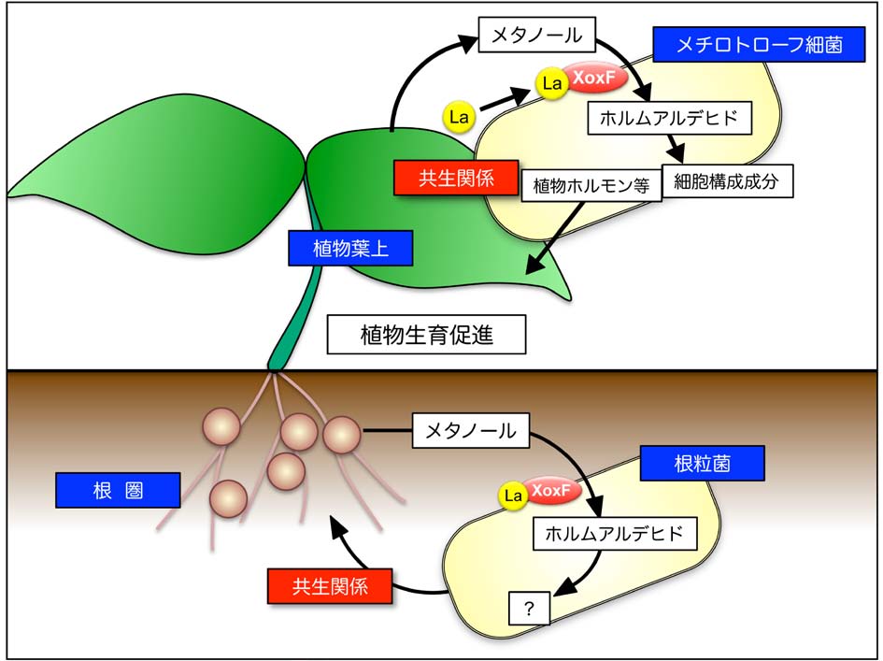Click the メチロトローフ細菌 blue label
(x=761, y=44)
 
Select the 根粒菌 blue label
(x=702, y=463)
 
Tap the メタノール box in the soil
(x=471, y=431)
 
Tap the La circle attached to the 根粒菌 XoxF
(x=512, y=496)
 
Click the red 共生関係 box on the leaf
(x=444, y=177)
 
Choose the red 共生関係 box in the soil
(x=330, y=586)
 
